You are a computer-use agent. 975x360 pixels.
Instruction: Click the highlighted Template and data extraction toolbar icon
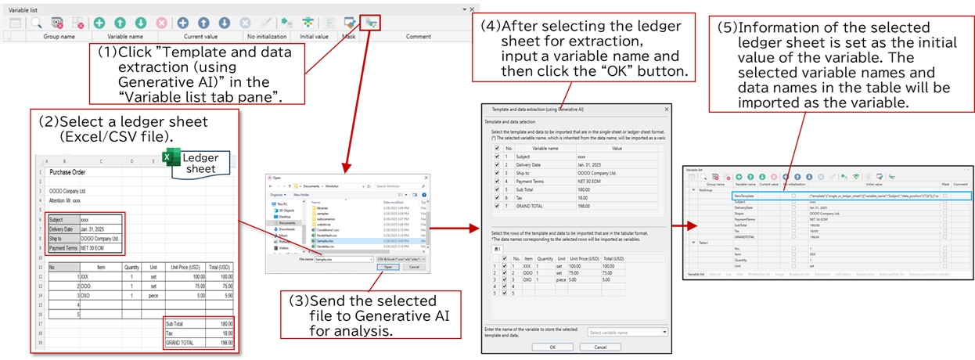tap(371, 23)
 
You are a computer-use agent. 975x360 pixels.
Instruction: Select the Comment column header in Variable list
tap(418, 37)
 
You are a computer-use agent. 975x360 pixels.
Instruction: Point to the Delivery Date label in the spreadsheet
tap(63, 229)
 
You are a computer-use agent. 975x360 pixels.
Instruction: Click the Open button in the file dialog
tap(388, 267)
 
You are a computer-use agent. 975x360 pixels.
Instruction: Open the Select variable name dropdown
tap(628, 332)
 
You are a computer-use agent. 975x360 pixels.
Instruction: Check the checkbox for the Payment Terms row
tap(496, 182)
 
